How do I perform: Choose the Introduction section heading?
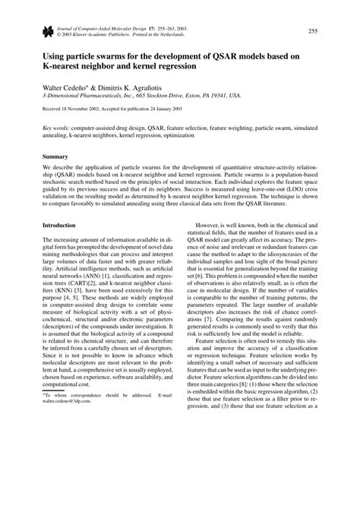pos(59,226)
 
